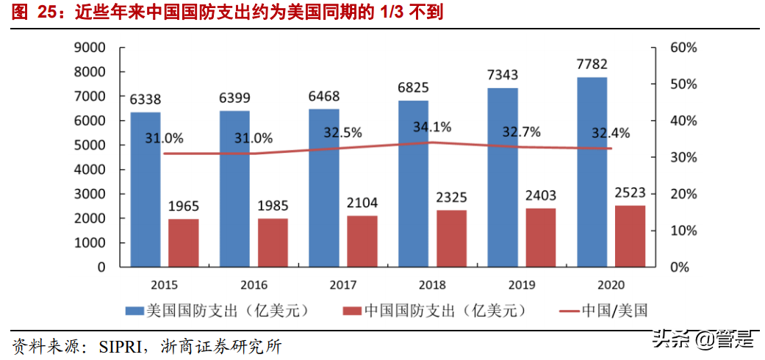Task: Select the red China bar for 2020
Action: [x=630, y=236]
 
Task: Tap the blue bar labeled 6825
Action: [x=413, y=184]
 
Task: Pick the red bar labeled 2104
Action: [x=362, y=241]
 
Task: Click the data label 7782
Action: [x=592, y=63]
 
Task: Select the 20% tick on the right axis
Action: [x=683, y=194]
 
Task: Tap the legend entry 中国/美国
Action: [x=614, y=311]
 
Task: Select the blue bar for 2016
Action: [x=234, y=189]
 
